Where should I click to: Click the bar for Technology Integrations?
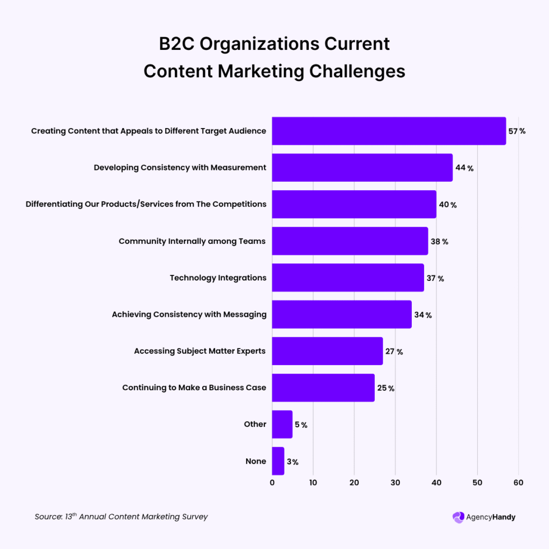347,278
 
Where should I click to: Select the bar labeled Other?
282,424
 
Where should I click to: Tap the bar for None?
278,461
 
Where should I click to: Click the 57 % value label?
517,131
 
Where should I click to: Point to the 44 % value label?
464,168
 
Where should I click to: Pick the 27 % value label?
394,352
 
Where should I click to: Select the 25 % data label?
385,388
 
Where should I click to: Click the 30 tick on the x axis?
395,483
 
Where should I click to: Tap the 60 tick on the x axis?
518,483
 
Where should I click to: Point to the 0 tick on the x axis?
272,483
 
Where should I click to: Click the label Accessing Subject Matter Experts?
200,351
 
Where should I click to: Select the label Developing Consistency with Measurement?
180,167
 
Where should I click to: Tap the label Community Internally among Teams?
192,241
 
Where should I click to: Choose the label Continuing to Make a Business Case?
194,388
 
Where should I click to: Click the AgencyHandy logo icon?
458,517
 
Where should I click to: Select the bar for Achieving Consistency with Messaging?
342,314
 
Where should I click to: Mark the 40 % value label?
448,205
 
